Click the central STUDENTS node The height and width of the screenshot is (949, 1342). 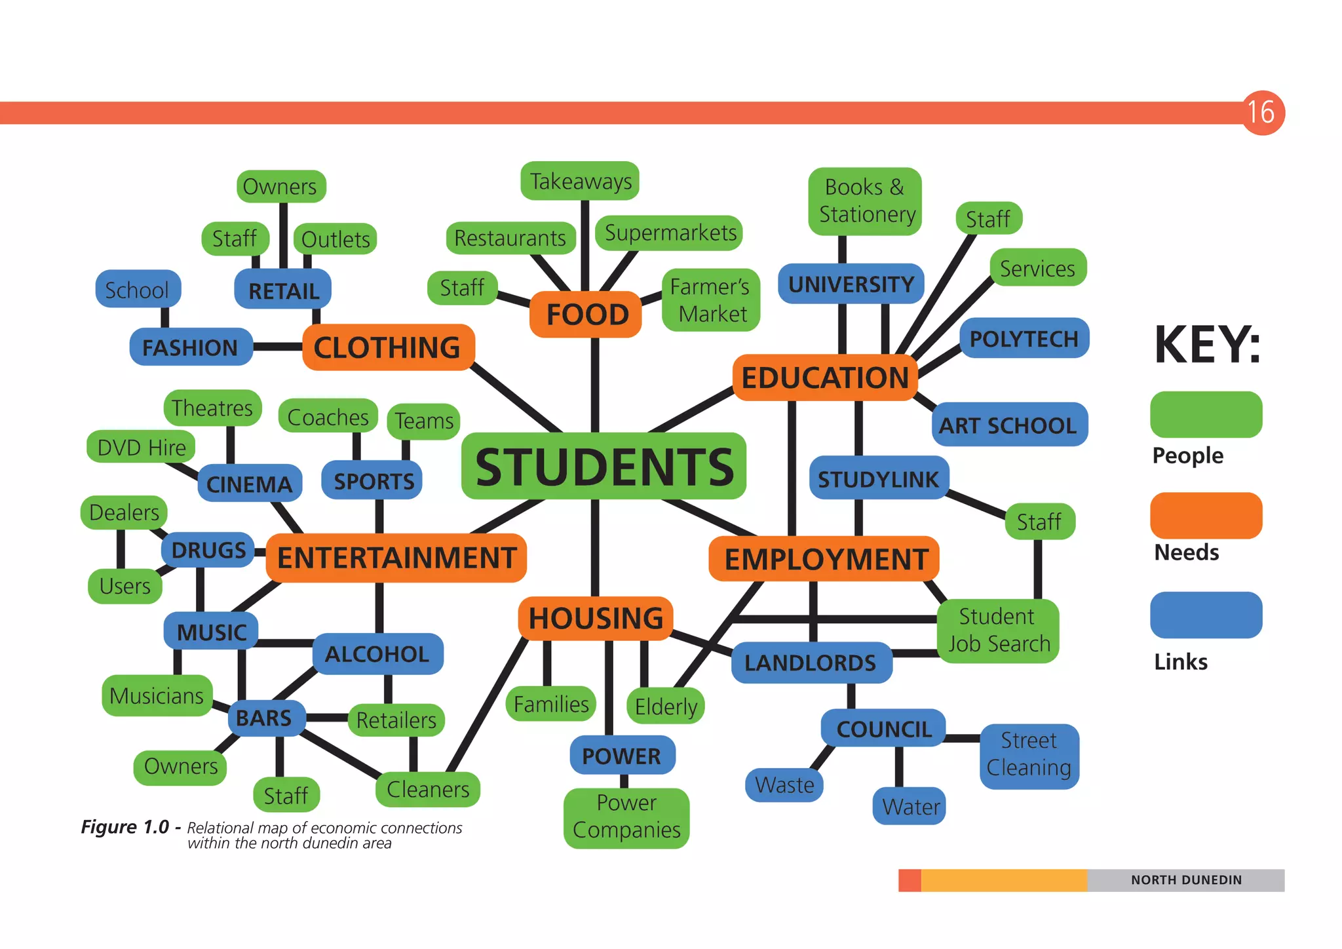604,466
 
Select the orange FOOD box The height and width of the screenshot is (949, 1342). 586,315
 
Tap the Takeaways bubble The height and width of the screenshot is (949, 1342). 580,182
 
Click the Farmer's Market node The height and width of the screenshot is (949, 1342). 711,300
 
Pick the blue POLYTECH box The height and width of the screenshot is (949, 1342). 1024,339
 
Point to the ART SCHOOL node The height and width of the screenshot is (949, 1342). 1008,425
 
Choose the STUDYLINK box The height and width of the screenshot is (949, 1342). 878,479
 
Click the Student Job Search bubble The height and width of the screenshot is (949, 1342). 998,630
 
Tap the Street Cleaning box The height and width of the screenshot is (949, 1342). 1029,754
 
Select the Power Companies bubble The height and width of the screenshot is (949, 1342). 626,817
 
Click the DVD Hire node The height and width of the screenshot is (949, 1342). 142,447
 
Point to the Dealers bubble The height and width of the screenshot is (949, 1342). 124,512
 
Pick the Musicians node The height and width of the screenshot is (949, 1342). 157,695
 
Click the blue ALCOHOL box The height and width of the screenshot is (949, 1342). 377,653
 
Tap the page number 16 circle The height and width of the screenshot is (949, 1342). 1261,112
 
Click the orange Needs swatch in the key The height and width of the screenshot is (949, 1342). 1206,516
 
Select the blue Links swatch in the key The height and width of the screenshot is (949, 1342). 1206,615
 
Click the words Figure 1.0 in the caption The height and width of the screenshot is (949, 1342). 125,827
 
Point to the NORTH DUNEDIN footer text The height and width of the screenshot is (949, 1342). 1186,880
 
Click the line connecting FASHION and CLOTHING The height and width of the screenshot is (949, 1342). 278,347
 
